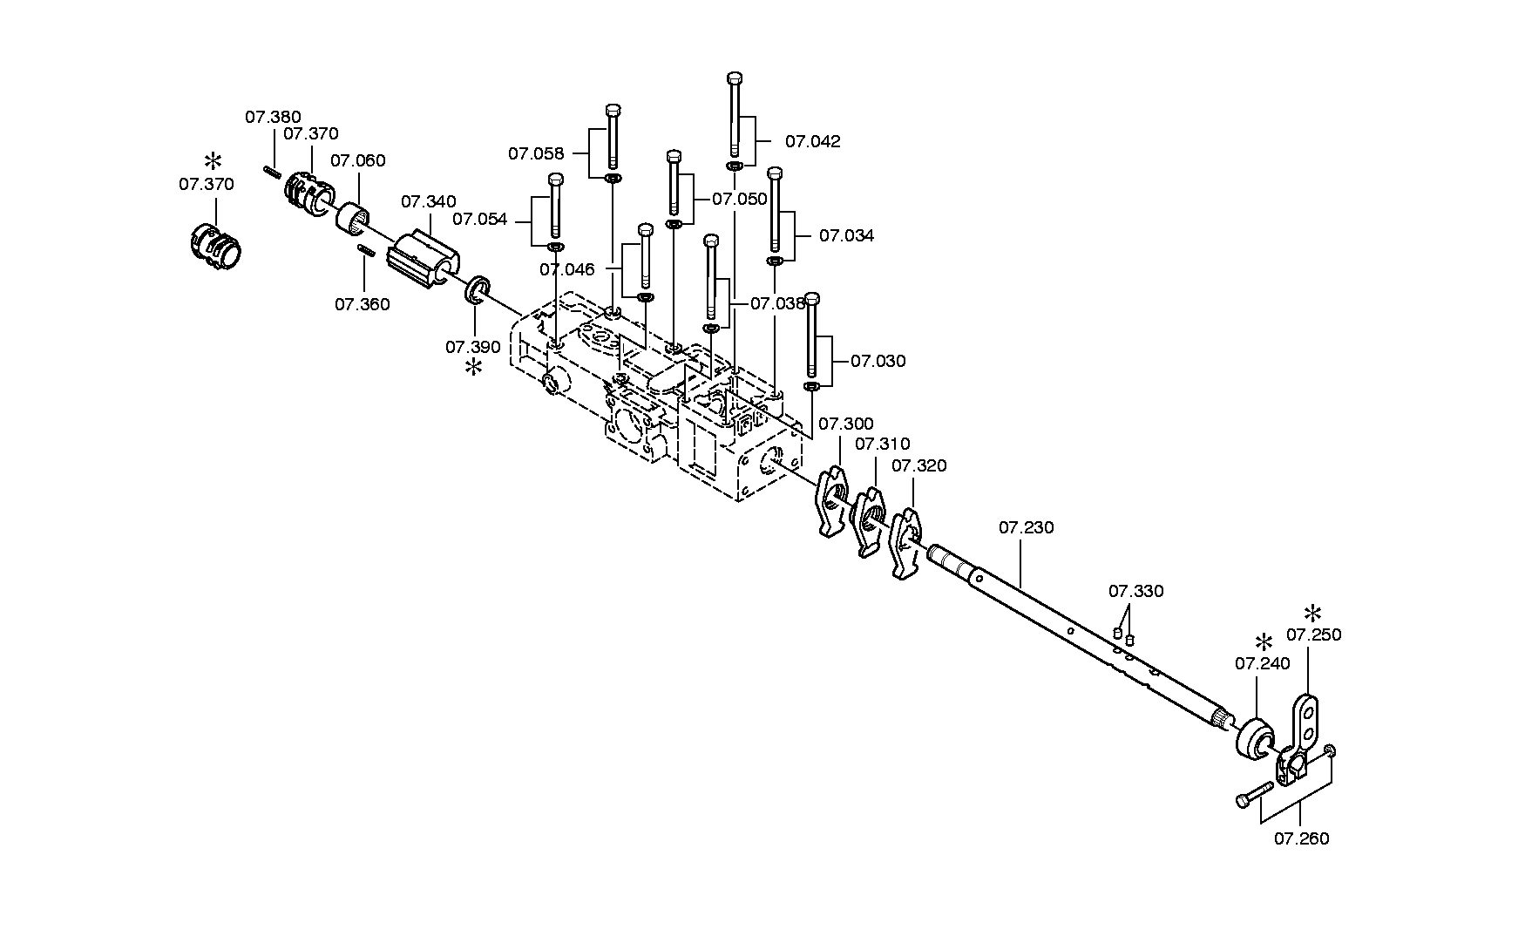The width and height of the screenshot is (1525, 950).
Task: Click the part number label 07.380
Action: [273, 117]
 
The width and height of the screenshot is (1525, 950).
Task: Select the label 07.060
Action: [357, 161]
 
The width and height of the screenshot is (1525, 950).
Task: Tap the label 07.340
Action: [428, 202]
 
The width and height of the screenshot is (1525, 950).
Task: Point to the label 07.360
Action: [363, 305]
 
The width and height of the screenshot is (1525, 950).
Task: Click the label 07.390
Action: [473, 347]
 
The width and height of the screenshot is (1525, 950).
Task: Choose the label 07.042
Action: [813, 142]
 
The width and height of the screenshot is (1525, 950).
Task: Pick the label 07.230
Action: [1027, 528]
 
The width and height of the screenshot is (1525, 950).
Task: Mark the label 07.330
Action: [1135, 592]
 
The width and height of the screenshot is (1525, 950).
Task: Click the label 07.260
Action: [1302, 839]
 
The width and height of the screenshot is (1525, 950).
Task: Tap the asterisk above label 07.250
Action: [1312, 613]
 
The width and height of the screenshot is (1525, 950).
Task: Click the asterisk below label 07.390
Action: [473, 368]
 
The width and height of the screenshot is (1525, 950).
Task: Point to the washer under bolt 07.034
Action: [774, 260]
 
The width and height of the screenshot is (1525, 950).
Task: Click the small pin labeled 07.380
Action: [271, 171]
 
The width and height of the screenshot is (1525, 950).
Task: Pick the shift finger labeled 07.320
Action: [905, 542]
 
